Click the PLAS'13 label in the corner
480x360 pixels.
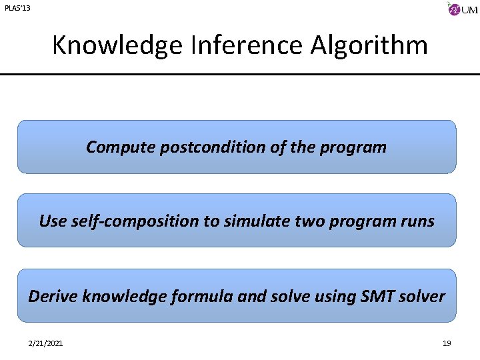[x=17, y=8]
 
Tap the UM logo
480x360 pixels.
[x=463, y=9]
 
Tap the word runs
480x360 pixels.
[x=415, y=221]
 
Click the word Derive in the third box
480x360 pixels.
[x=53, y=296]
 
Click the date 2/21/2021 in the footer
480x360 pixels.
[x=47, y=343]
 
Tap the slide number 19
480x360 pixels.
[x=447, y=343]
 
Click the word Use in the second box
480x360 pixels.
[x=51, y=221]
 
